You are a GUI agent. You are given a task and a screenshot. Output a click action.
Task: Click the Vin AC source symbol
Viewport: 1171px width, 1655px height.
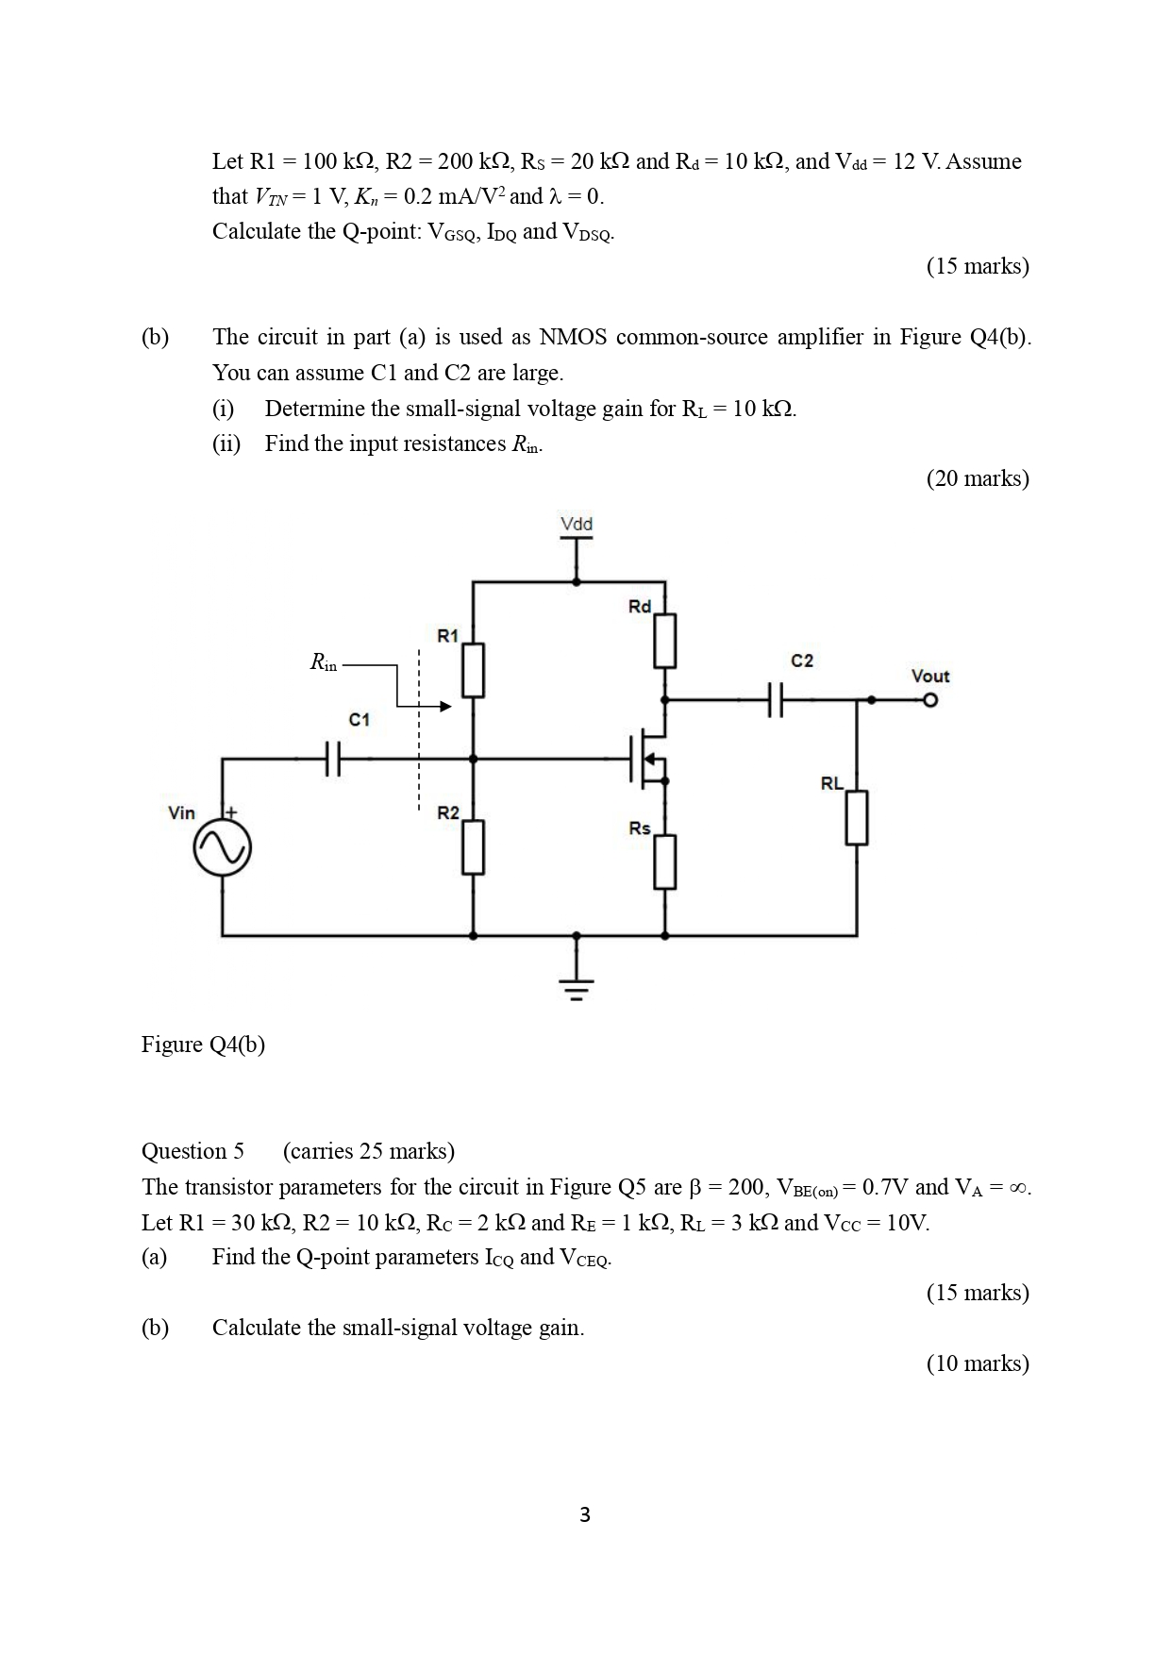coord(222,848)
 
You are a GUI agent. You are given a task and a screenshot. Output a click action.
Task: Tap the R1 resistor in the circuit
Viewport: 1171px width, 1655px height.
coord(473,670)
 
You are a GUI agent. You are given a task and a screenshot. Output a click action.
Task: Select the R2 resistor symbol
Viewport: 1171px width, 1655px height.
coord(473,846)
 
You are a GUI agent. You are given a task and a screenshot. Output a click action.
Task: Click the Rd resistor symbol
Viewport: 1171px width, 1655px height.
coord(665,640)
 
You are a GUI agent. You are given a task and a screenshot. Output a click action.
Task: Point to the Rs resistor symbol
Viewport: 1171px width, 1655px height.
coord(665,861)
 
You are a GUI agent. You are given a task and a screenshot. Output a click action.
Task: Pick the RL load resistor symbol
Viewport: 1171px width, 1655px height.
coord(857,817)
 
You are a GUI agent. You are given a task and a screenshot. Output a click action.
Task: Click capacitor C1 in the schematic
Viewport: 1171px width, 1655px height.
coord(332,758)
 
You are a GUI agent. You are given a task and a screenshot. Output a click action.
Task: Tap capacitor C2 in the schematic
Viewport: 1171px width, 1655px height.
coord(776,700)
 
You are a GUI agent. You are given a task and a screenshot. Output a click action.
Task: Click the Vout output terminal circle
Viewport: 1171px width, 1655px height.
coord(930,700)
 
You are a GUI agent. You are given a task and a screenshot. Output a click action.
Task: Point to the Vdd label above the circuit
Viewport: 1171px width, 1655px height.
coord(577,524)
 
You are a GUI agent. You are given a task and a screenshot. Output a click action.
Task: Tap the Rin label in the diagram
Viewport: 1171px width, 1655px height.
coord(323,663)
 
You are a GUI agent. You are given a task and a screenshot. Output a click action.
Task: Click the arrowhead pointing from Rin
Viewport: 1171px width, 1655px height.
coord(445,706)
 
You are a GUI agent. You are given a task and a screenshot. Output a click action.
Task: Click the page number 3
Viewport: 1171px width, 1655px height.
coord(585,1514)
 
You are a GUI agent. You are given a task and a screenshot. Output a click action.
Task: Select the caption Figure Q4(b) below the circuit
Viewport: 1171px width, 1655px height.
coord(203,1045)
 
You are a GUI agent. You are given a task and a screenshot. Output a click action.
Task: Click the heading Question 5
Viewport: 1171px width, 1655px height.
coord(192,1151)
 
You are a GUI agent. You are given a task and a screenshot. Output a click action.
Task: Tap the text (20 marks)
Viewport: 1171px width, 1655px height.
coord(978,478)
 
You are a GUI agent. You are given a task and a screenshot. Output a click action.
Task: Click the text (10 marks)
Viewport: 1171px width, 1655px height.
coord(978,1363)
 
